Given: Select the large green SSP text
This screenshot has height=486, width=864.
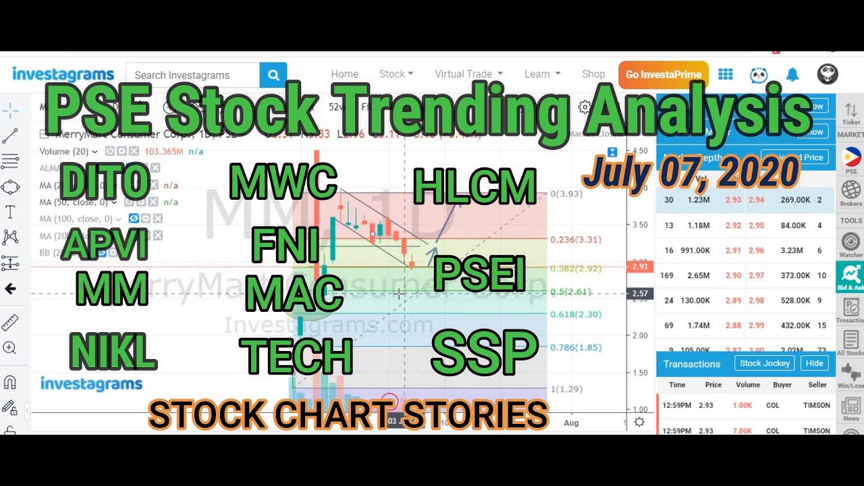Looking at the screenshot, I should (x=484, y=352).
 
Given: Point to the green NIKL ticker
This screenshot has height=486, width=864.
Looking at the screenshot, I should (x=113, y=352).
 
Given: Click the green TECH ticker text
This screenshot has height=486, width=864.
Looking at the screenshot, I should (x=297, y=356).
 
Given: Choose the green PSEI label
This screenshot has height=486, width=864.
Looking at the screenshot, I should (x=479, y=273).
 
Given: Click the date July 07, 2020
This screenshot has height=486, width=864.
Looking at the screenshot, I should (x=691, y=172).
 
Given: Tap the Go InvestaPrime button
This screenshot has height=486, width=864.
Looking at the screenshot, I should (x=663, y=75).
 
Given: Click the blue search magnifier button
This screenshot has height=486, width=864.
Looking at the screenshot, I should (x=273, y=75).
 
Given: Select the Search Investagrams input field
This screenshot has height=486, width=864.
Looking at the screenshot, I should (x=192, y=75).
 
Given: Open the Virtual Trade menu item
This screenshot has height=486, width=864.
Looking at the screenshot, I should (x=468, y=74).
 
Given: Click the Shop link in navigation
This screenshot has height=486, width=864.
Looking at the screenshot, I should (x=593, y=74).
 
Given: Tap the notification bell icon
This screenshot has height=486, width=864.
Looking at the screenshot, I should (x=792, y=75).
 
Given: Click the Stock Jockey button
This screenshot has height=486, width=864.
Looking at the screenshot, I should (x=764, y=363).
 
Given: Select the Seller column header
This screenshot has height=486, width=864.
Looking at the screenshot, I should (x=817, y=385).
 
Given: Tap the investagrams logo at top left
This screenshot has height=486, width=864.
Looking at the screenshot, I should (x=63, y=74).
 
